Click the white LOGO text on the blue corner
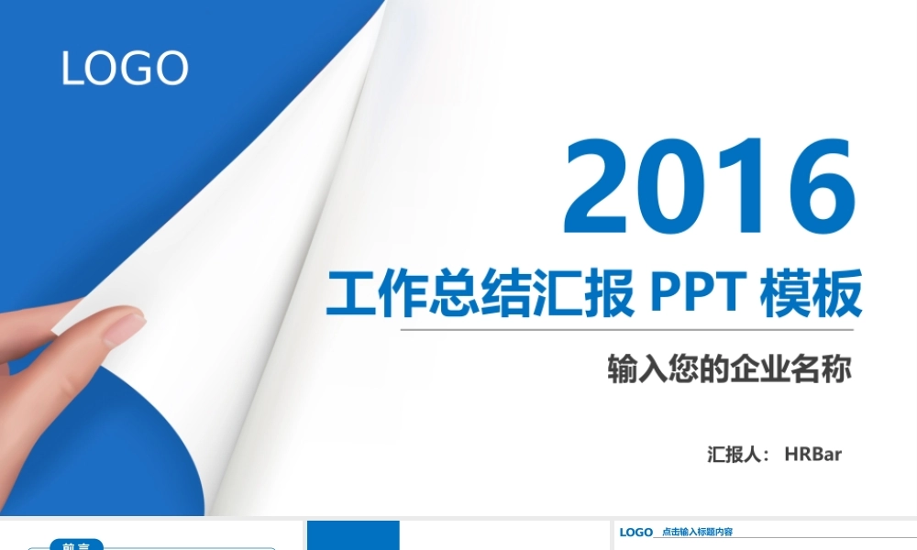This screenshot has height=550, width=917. [x=125, y=69]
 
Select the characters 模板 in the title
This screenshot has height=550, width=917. [x=812, y=295]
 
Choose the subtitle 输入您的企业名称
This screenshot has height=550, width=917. [x=729, y=368]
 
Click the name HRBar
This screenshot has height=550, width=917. [x=812, y=454]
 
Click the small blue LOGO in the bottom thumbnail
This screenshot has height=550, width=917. [x=635, y=532]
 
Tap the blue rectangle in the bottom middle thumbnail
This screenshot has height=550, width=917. [x=353, y=535]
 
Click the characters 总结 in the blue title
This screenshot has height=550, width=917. [x=482, y=295]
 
